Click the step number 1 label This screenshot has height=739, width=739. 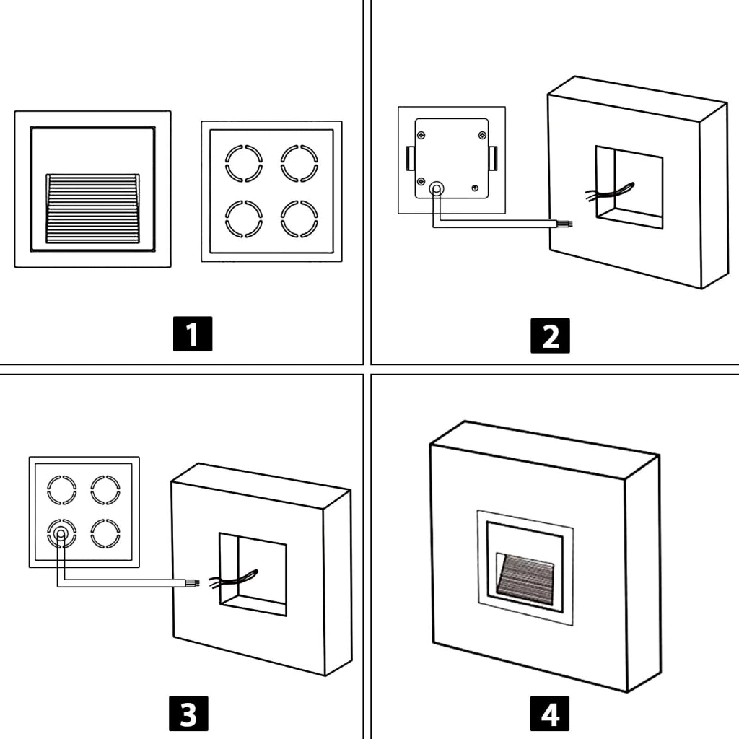[x=192, y=333]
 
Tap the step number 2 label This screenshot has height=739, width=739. [x=550, y=336]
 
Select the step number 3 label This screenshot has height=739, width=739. [x=188, y=714]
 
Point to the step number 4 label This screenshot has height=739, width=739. [x=549, y=714]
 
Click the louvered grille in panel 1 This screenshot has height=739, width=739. [x=93, y=209]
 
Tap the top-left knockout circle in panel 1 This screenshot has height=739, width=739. [x=244, y=163]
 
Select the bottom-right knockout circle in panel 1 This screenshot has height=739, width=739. [x=299, y=219]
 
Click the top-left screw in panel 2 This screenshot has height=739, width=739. [x=421, y=136]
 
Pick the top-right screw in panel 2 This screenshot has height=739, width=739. [x=482, y=136]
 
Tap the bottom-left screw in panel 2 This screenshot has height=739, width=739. [x=421, y=181]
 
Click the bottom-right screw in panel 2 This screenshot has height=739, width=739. [x=475, y=188]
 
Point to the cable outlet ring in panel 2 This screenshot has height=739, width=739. [x=437, y=190]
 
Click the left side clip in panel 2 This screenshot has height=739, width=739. [x=411, y=158]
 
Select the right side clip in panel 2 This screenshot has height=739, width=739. [x=493, y=158]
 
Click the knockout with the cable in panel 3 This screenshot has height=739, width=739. [x=62, y=534]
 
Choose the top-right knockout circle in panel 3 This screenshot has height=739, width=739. [x=105, y=490]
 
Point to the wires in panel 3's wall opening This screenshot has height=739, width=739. [x=233, y=580]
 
